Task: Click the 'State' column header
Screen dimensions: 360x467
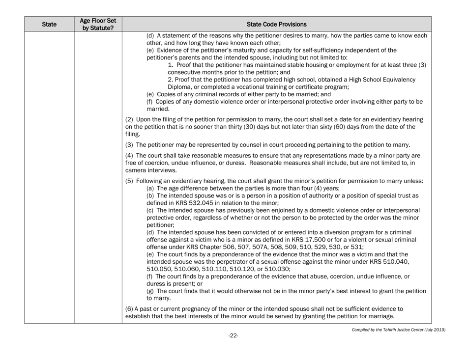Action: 49,23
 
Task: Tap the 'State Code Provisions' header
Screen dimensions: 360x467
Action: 276,23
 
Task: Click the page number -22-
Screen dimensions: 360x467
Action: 233,336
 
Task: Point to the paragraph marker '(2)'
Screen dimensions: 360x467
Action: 130,120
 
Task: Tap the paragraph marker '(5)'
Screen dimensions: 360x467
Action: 130,181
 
